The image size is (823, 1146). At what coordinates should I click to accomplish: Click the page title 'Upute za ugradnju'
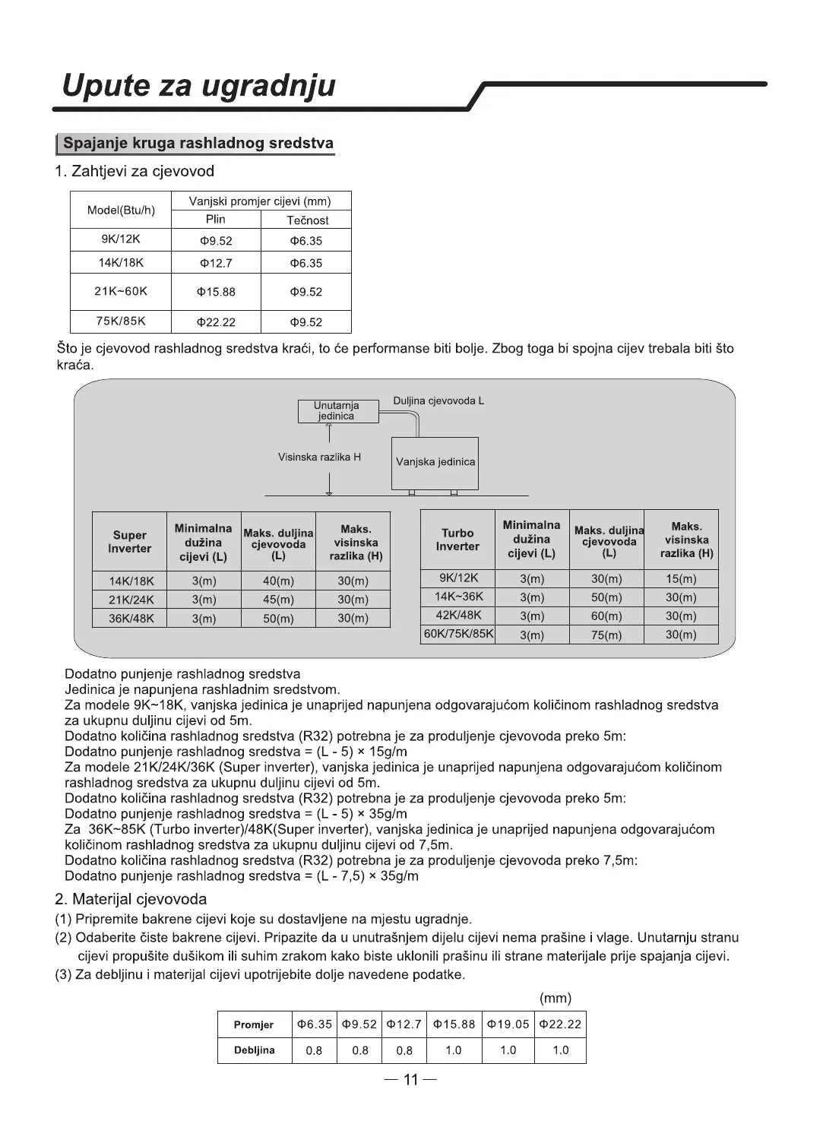[x=198, y=85]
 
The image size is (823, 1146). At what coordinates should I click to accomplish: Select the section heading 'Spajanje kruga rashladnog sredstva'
[x=198, y=143]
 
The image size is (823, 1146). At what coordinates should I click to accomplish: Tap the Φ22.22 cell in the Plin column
[x=217, y=322]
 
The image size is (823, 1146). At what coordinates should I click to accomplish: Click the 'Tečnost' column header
[x=307, y=220]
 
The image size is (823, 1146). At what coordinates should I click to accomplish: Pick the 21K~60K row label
[x=121, y=292]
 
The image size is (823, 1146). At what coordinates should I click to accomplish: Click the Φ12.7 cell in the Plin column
[x=217, y=264]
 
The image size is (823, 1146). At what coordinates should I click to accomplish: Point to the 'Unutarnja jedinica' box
[x=337, y=411]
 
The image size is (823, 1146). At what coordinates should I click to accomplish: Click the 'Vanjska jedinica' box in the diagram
[x=435, y=462]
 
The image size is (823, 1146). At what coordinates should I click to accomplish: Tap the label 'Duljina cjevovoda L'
[x=438, y=400]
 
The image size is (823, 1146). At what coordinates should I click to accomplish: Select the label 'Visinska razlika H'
[x=319, y=457]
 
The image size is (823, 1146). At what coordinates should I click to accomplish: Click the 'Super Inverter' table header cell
[x=129, y=542]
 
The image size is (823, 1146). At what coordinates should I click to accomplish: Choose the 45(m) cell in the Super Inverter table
[x=278, y=600]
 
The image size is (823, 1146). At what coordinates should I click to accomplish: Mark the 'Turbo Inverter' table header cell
[x=457, y=540]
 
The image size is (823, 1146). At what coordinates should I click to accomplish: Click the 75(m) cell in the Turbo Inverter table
[x=606, y=635]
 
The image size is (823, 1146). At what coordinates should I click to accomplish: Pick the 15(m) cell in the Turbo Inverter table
[x=681, y=578]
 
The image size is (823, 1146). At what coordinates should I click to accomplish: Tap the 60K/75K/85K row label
[x=458, y=634]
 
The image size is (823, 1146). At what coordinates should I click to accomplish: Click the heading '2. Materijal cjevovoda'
[x=131, y=900]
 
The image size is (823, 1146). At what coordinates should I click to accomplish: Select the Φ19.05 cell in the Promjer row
[x=508, y=1024]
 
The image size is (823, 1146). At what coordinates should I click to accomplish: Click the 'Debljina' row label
[x=254, y=1050]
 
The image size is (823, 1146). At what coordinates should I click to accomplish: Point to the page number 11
[x=411, y=1080]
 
